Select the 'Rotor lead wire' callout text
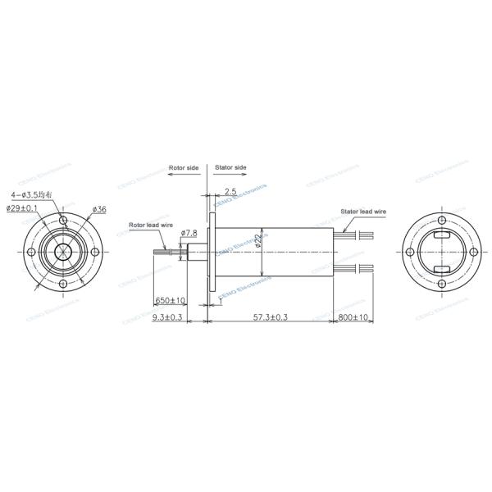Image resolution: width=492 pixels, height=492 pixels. coord(149,224)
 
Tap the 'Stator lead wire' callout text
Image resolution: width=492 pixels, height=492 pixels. coord(362,212)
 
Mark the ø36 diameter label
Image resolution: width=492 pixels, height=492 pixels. coord(99,210)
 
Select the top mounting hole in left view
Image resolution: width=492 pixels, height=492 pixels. coord(63,221)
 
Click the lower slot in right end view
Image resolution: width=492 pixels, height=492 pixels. coord(442,269)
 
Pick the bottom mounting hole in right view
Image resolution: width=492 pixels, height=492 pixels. coord(442,284)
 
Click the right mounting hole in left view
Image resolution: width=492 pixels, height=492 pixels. coord(94,252)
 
